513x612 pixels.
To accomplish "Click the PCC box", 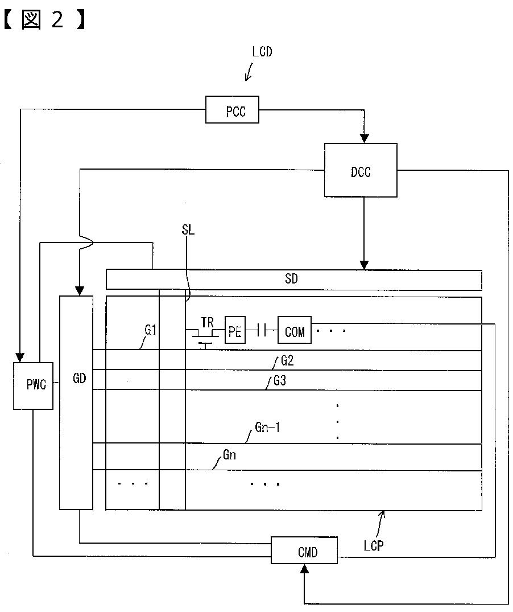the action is point(232,110).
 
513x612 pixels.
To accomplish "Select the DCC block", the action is point(361,170).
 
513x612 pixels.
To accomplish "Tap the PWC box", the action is point(33,385).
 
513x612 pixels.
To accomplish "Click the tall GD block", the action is point(76,402).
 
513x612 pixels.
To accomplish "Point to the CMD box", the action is point(304,551).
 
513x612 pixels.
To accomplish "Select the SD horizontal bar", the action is point(294,280).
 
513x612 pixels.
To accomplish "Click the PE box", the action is point(235,330).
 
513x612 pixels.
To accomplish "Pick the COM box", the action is point(295,330).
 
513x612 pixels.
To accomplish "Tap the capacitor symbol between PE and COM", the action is point(262,331).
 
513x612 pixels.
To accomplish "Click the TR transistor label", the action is point(208,323).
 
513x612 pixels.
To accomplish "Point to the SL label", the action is point(188,229).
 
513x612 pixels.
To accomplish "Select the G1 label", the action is point(151,330).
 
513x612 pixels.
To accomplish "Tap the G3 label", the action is point(279,380).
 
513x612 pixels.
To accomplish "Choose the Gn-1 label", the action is point(267,428).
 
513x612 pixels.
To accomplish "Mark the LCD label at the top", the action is point(262,51).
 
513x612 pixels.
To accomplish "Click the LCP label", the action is point(374,545).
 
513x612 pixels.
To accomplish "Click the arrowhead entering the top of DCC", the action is point(364,138).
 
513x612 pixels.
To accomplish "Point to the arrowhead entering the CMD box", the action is point(304,569).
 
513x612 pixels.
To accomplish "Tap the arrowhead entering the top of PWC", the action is point(19,358).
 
